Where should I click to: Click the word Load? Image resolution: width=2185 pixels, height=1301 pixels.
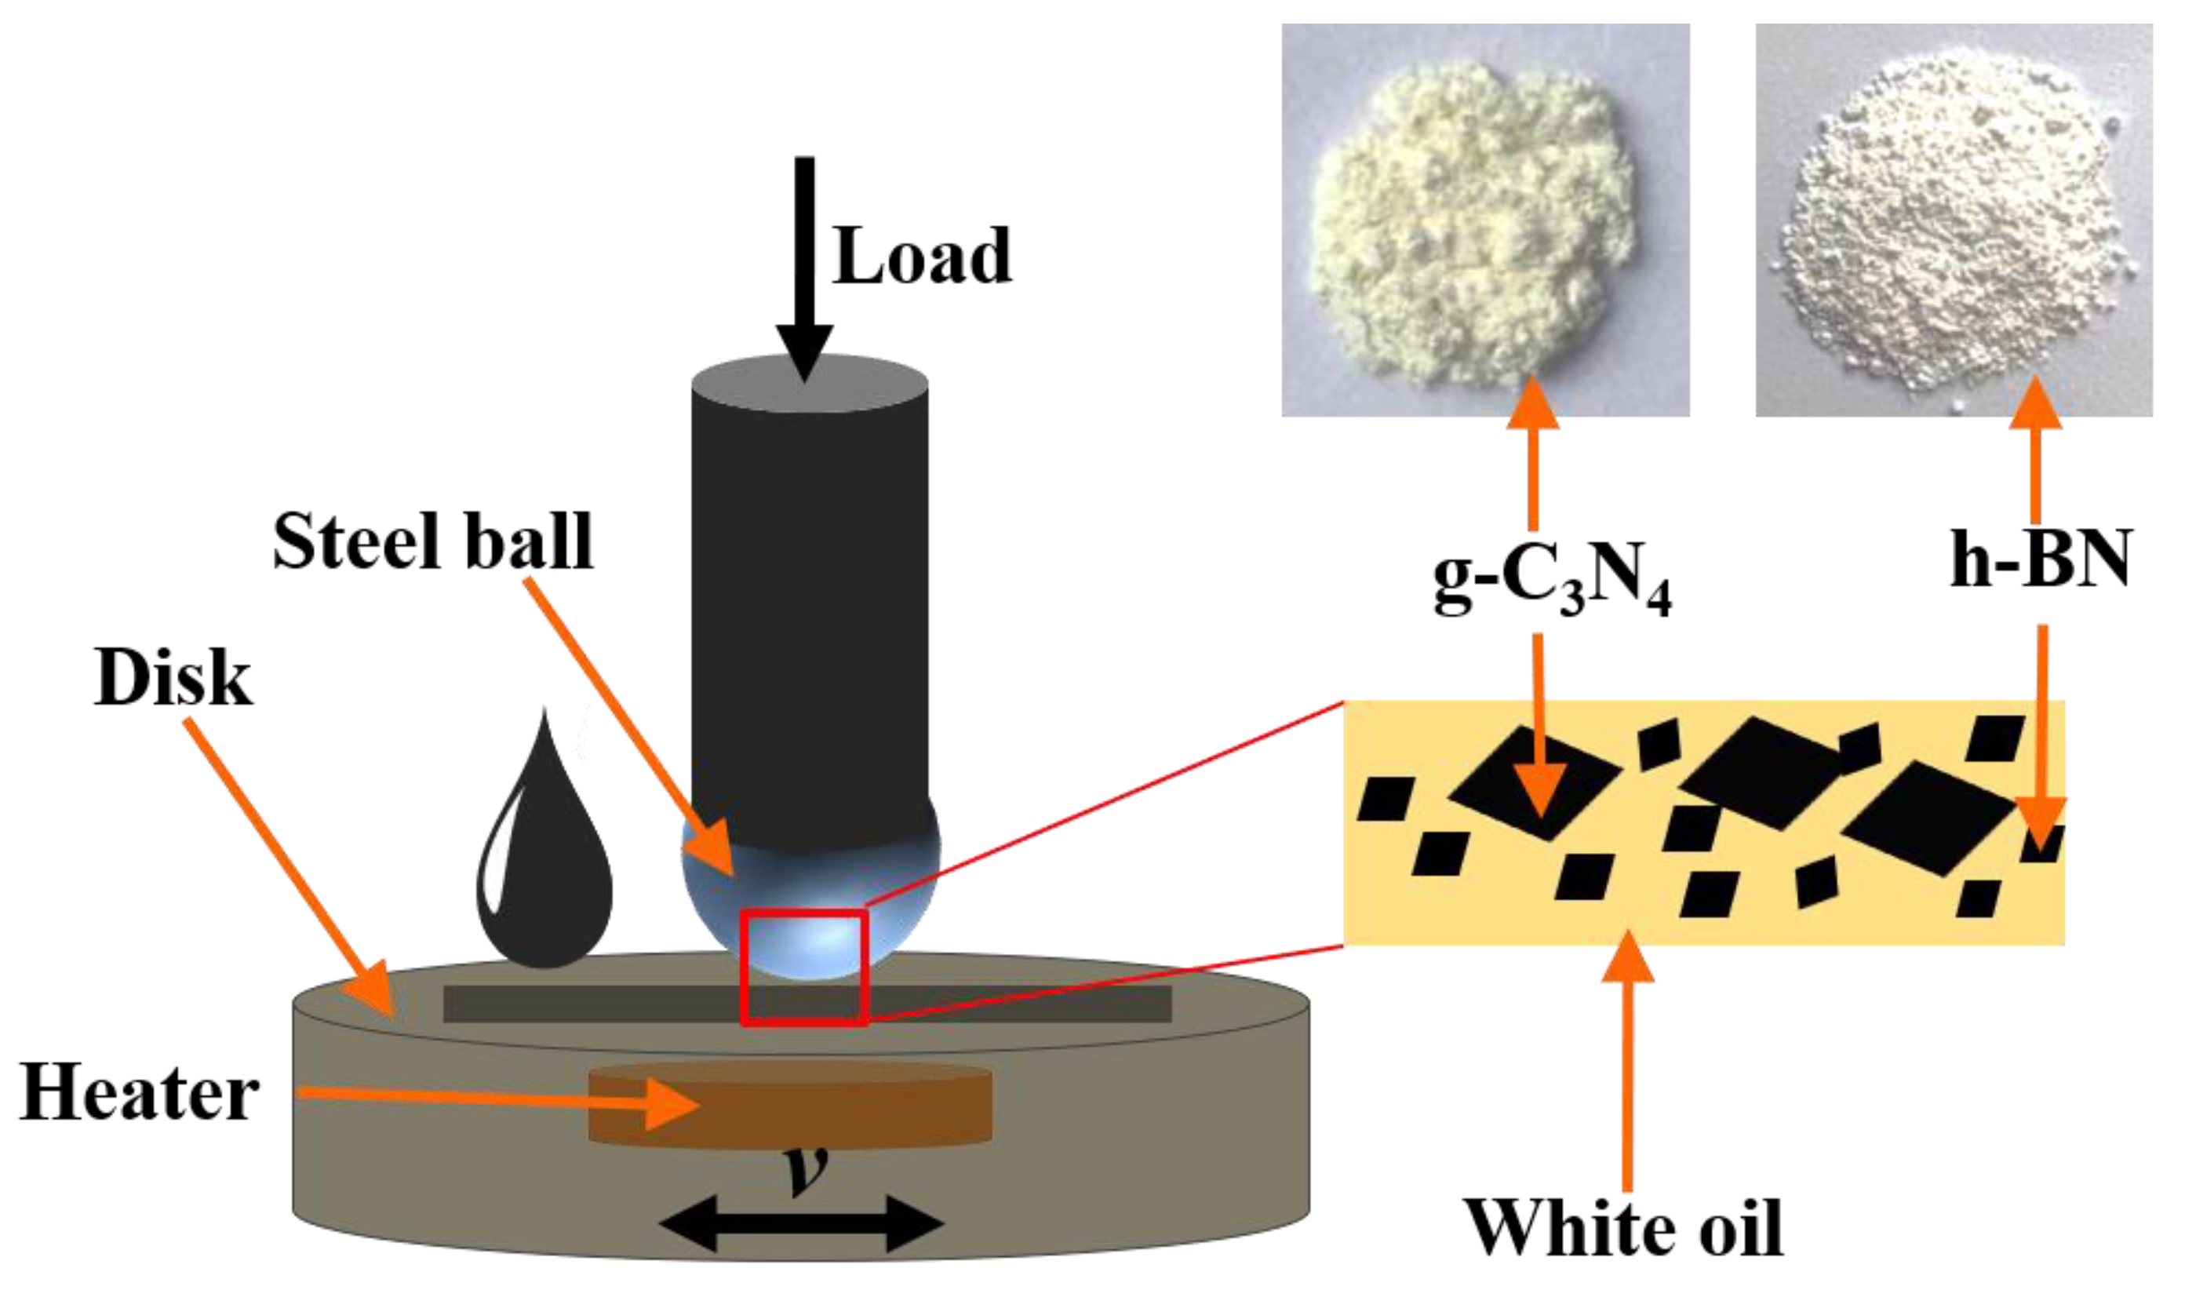click(x=921, y=256)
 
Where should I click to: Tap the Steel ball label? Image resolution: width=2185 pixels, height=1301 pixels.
click(x=433, y=541)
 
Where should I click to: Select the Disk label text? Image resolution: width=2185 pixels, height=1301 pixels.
click(x=173, y=678)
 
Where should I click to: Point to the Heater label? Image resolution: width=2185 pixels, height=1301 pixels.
click(x=140, y=1093)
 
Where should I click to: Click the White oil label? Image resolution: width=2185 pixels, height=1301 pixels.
click(x=1623, y=1228)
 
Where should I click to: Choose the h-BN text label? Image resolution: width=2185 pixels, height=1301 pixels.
click(x=2041, y=559)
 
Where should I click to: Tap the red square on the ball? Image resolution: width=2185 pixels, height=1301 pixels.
click(x=803, y=967)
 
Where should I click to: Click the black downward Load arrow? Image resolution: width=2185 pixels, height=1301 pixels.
click(x=803, y=263)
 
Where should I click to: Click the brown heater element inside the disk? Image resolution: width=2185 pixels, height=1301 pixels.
click(x=788, y=1105)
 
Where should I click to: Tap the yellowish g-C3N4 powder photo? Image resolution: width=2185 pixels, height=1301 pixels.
click(x=1484, y=219)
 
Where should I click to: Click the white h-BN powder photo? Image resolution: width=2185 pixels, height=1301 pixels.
click(x=1953, y=219)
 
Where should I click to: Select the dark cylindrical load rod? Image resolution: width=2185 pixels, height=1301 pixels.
click(x=809, y=596)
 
